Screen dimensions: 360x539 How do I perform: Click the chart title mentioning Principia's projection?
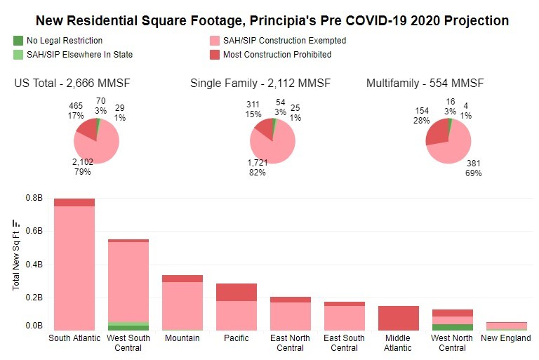click(272, 20)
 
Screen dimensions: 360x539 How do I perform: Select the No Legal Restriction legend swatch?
click(18, 41)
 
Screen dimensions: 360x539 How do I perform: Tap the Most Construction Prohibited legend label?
click(277, 54)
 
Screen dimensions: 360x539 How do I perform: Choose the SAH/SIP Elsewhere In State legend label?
click(79, 54)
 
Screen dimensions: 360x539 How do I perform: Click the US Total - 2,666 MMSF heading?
click(72, 84)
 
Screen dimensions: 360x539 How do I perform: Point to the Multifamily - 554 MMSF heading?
click(425, 84)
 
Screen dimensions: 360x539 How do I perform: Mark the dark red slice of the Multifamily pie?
click(437, 133)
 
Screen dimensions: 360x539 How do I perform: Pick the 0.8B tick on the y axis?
click(34, 198)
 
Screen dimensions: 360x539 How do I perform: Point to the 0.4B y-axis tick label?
click(34, 265)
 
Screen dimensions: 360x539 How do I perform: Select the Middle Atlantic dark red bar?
click(398, 318)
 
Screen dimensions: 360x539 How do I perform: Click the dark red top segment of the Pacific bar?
click(237, 292)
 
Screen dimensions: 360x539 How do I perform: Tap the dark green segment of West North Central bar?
click(452, 327)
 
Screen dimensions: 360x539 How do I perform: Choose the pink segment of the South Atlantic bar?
click(74, 267)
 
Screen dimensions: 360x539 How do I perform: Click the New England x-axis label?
click(505, 338)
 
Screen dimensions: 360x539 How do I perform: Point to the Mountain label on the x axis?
click(182, 338)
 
